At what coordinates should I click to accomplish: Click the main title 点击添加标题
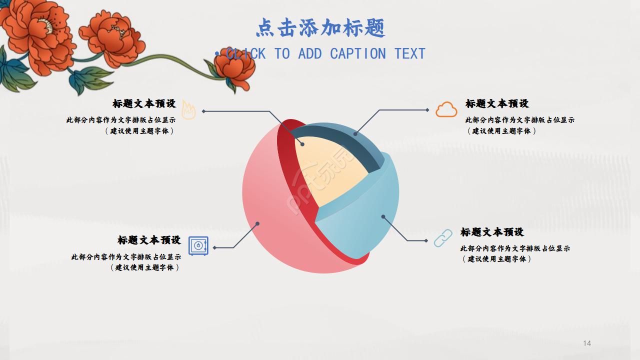coord(320,28)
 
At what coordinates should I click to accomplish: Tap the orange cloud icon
coord(446,109)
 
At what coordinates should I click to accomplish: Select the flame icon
coord(188,110)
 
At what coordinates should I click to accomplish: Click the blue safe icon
coord(198,246)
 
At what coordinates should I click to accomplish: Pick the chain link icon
coord(442,238)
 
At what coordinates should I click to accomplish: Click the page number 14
coord(587,343)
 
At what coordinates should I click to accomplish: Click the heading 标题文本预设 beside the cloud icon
coord(497,103)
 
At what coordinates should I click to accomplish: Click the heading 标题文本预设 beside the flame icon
coord(144,103)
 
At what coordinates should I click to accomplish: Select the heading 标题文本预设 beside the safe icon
coord(149,240)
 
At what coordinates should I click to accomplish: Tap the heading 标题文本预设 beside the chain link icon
coord(492,232)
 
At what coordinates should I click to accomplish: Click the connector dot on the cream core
coord(302,144)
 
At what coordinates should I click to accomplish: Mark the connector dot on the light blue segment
coord(383,216)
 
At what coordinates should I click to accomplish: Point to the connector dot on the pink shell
coord(257,223)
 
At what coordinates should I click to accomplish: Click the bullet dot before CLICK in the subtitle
coord(217,53)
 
